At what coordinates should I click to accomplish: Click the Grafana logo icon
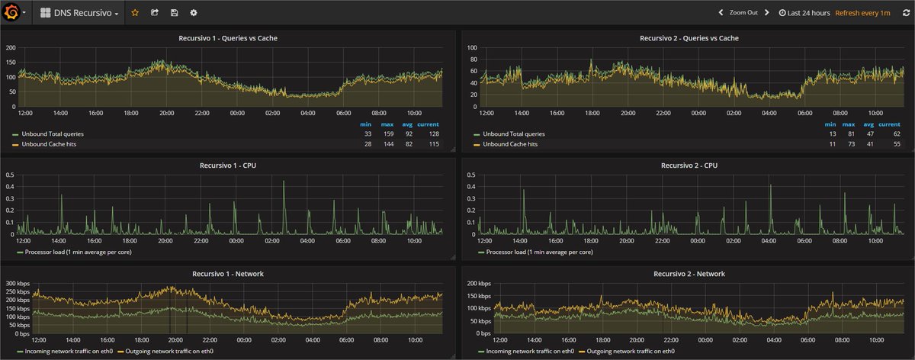pos(11,13)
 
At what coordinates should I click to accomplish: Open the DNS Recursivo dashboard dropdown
pos(79,13)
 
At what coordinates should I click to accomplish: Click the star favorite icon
pos(135,13)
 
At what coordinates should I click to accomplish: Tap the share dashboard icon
pos(155,13)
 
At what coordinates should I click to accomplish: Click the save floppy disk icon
pos(175,13)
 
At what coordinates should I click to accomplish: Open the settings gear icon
pos(194,13)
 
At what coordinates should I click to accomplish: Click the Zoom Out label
pos(744,13)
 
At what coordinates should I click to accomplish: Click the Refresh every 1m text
pos(862,13)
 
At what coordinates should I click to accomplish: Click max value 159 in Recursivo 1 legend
pos(387,133)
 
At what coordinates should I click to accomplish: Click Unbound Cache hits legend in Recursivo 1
pos(53,143)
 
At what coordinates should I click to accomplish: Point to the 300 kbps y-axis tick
pos(17,284)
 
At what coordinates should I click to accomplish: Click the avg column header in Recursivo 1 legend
pos(408,124)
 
